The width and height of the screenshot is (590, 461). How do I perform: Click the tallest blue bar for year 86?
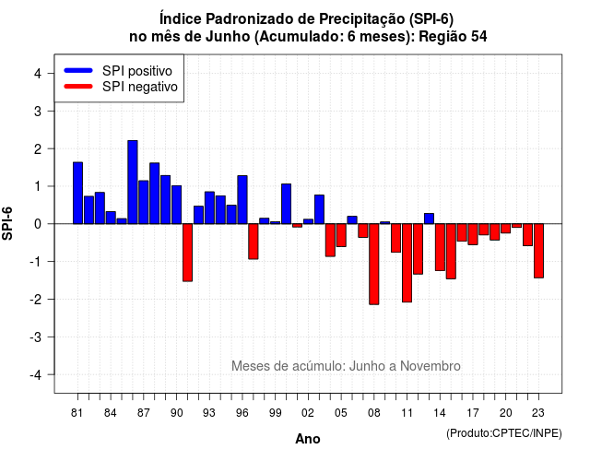click(x=133, y=183)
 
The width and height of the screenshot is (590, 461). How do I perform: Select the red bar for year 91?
click(x=187, y=253)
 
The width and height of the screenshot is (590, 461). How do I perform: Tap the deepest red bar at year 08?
click(x=374, y=265)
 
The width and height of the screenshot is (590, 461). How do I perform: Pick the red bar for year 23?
click(x=538, y=251)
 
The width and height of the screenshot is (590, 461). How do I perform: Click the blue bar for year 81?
click(x=77, y=193)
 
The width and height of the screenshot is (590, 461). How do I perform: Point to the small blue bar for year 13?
click(x=429, y=219)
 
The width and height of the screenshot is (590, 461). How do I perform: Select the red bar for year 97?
click(x=254, y=242)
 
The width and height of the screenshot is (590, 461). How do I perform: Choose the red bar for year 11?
click(x=407, y=263)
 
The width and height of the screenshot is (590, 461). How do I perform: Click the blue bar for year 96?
click(x=242, y=199)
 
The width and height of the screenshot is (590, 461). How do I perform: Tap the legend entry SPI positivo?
click(x=137, y=71)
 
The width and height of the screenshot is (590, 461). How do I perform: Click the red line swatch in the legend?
click(x=78, y=87)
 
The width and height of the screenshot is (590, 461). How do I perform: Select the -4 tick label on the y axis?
click(x=37, y=374)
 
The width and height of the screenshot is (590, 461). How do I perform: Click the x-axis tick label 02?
click(x=308, y=413)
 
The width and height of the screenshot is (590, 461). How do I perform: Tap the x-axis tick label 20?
click(x=506, y=413)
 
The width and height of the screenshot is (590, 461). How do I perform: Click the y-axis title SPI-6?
click(x=7, y=223)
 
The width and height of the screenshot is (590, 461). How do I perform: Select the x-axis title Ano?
click(x=308, y=439)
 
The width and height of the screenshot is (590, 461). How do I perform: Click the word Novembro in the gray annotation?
click(x=431, y=366)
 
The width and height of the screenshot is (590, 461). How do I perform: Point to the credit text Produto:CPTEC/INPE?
click(x=504, y=433)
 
